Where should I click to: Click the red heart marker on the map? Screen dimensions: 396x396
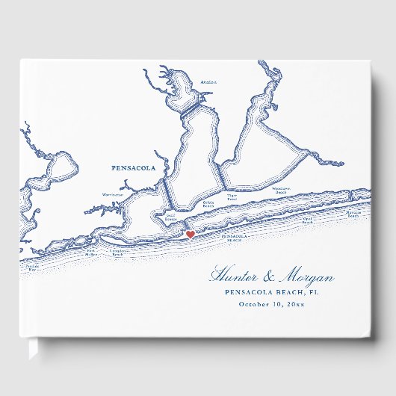click(x=190, y=235)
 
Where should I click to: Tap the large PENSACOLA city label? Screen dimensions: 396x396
click(x=133, y=169)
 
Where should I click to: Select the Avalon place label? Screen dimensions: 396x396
click(x=208, y=82)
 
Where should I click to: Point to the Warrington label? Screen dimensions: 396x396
click(x=113, y=195)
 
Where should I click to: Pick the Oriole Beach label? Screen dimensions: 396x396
click(x=208, y=203)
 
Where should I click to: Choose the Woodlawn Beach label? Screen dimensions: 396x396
click(x=282, y=191)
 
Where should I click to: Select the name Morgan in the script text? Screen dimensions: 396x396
click(x=306, y=277)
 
